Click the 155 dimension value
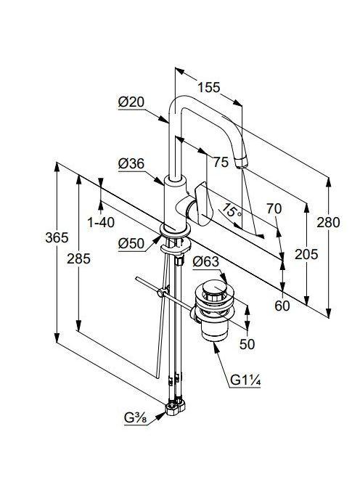(x=209, y=87)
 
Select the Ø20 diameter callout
(x=131, y=102)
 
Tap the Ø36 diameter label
(x=131, y=164)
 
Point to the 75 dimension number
(x=221, y=162)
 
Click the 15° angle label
(x=232, y=210)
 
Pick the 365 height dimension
(x=57, y=237)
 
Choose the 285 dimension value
(x=79, y=258)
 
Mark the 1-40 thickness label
(x=101, y=222)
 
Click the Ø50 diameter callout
(x=131, y=243)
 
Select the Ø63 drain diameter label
(x=205, y=262)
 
